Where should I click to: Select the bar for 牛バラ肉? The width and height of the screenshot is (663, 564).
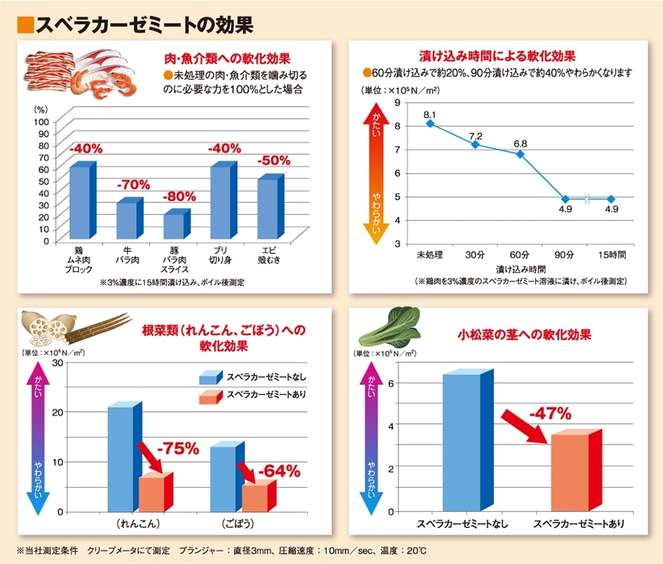tap(127, 221)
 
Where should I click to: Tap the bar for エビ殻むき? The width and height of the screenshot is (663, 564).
tap(267, 209)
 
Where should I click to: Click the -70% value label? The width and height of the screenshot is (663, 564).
tap(133, 185)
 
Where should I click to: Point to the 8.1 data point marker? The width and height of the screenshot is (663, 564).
tap(430, 124)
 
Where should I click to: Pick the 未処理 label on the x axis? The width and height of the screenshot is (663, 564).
tap(430, 254)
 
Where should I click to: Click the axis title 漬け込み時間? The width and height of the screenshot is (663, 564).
tap(521, 268)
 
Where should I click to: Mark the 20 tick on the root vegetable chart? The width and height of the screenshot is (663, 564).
tap(58, 412)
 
